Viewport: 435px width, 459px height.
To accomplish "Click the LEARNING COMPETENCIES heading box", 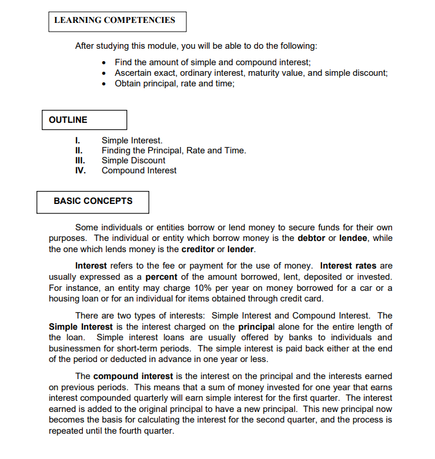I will (x=116, y=21).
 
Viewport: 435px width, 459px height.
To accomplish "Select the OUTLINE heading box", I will (x=84, y=120).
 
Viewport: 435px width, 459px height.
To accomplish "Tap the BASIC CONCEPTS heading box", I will (x=92, y=202).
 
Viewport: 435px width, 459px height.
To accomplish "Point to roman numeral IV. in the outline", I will (x=81, y=170).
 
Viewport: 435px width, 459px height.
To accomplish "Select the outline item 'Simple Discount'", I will (x=133, y=160).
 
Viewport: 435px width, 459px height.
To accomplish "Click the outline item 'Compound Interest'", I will (x=139, y=170).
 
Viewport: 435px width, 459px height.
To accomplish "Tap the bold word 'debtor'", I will (x=312, y=238).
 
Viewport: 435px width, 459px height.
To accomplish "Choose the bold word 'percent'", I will (x=161, y=276).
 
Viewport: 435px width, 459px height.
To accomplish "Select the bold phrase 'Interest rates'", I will (x=349, y=266).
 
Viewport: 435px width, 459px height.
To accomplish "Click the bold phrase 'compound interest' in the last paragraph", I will (x=133, y=376).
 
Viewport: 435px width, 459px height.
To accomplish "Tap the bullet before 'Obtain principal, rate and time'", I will (x=104, y=84).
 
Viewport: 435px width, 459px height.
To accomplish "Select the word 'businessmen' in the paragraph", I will (x=72, y=348).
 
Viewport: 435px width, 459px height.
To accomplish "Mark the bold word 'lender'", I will (x=241, y=249).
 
